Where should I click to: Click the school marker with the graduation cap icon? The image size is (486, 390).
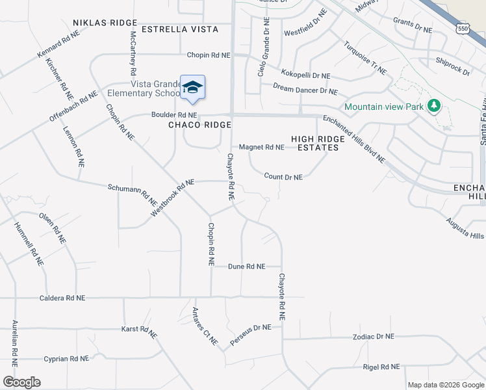192,88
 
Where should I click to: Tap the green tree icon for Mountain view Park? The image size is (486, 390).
433,106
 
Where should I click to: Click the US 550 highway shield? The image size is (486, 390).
463,29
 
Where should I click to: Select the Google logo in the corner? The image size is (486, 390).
21,382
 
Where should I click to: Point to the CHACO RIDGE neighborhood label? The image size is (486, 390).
200,125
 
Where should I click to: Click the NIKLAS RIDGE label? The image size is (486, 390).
105,22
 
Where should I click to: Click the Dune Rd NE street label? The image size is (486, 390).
247,266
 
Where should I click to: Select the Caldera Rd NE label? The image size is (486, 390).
62,298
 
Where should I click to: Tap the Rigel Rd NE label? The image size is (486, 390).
382,367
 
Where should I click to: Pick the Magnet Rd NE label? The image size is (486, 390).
262,148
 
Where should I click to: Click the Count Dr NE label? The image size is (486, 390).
284,177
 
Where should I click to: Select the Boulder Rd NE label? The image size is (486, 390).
174,115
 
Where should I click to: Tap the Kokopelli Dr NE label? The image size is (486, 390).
306,76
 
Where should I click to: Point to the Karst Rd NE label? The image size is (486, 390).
139,330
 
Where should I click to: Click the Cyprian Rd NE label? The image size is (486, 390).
66,359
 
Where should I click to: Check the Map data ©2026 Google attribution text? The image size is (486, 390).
446,385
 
